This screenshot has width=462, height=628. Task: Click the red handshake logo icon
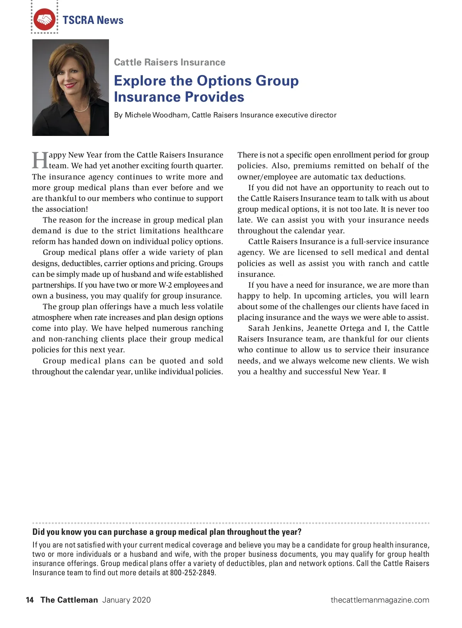(45, 20)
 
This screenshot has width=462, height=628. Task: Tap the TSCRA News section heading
(93, 20)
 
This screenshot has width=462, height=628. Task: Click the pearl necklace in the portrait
(82, 107)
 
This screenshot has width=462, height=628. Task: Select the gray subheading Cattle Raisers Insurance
(169, 62)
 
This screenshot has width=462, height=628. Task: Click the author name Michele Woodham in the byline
(156, 115)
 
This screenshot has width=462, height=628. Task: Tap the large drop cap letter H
(40, 160)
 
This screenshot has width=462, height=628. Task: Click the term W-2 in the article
(165, 285)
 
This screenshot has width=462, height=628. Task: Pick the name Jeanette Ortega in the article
(335, 328)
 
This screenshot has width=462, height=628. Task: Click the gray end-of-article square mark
(384, 372)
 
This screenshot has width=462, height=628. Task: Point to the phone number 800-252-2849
(192, 573)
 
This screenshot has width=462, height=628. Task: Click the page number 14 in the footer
(30, 600)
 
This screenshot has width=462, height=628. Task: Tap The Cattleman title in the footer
(69, 600)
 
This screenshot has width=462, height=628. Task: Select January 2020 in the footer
(127, 600)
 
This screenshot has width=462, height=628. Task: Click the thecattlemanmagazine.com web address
(380, 600)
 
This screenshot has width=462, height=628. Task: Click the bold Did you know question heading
(167, 532)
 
